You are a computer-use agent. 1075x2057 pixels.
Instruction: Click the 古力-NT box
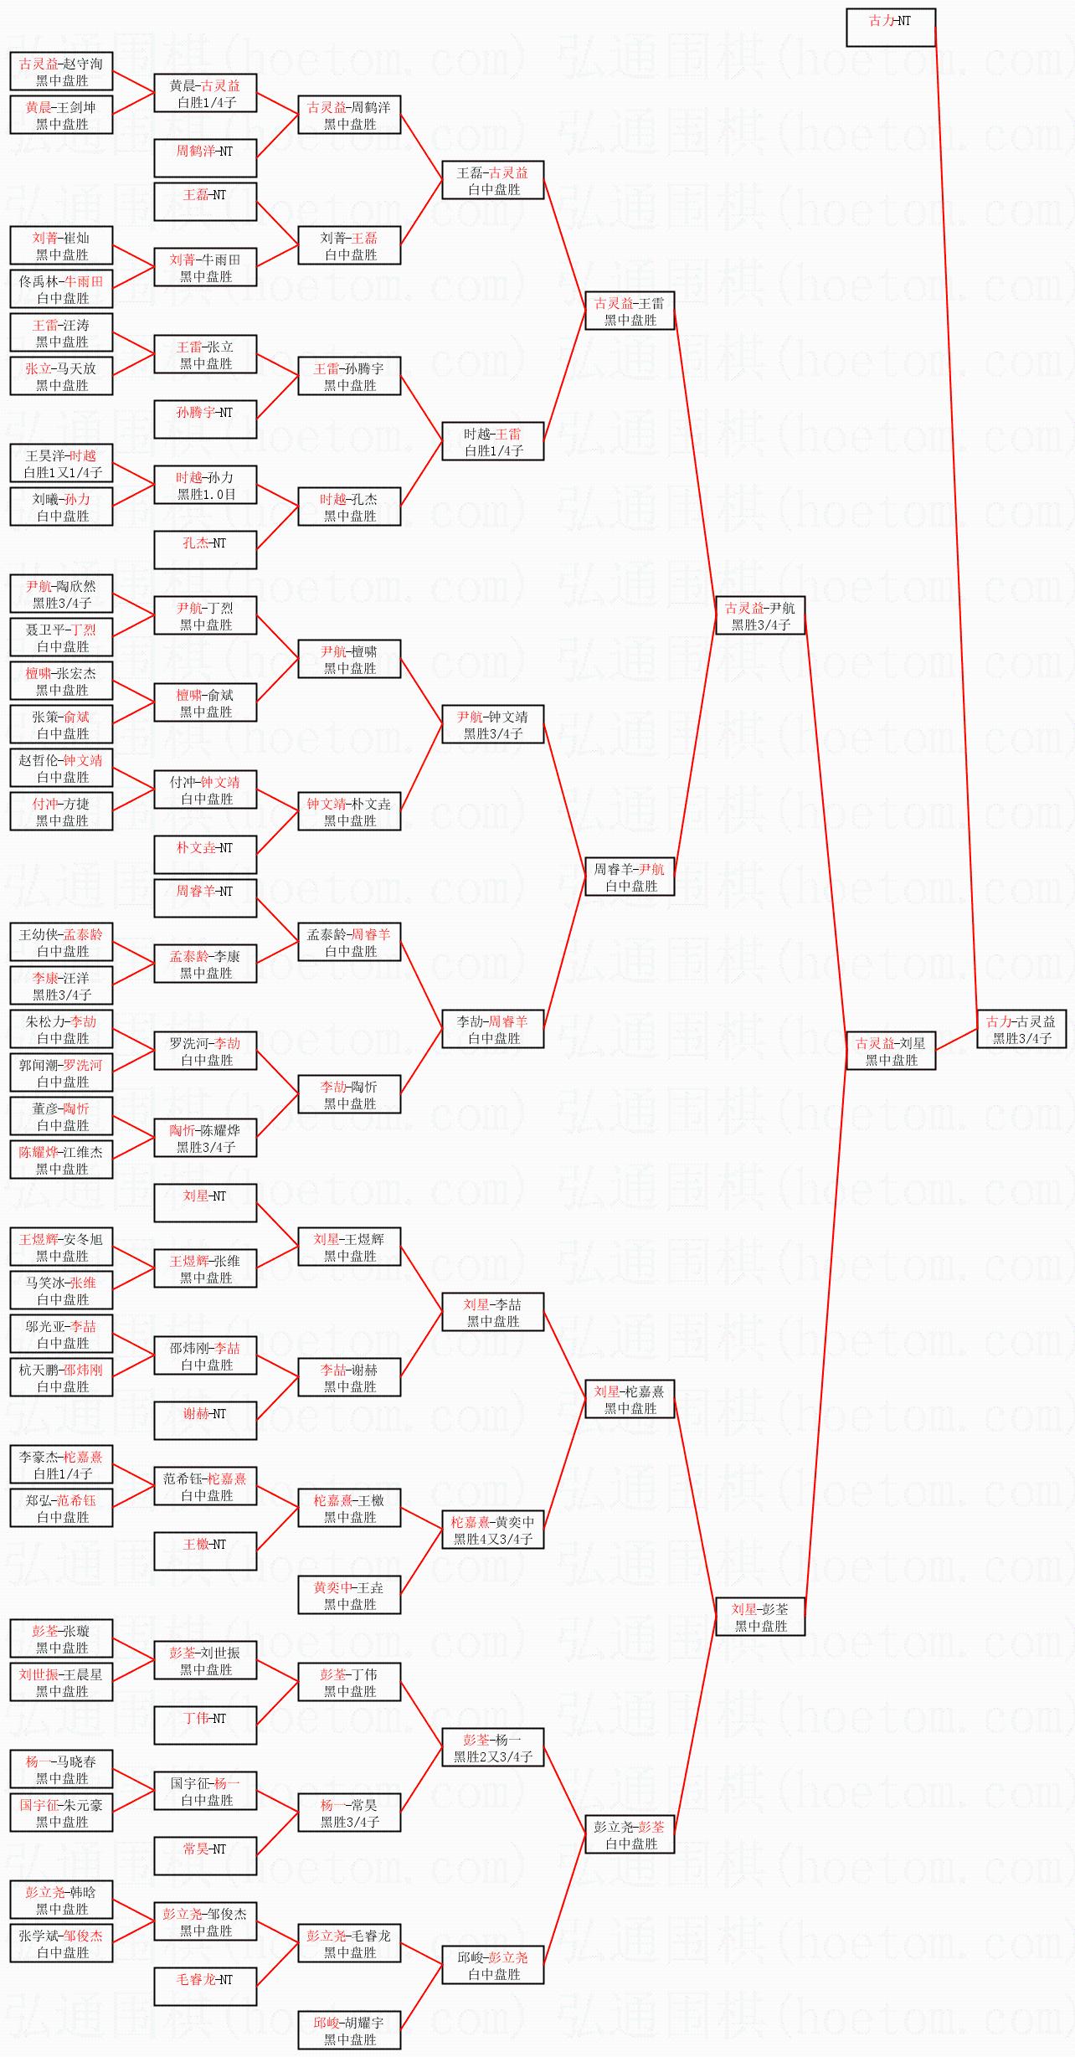(891, 28)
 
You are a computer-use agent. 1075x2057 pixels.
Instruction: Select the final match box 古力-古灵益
(1021, 1029)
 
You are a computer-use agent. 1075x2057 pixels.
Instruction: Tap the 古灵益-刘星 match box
(891, 1051)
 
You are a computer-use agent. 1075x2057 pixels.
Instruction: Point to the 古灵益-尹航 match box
(760, 615)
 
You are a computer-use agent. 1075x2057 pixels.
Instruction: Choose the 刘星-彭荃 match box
(760, 1617)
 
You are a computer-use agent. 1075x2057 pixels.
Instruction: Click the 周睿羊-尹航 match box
(630, 877)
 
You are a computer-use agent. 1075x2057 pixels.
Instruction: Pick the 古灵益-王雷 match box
(630, 311)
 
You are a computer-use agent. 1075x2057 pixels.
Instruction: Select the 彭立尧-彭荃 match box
(630, 1834)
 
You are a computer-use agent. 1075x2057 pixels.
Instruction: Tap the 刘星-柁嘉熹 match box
(630, 1399)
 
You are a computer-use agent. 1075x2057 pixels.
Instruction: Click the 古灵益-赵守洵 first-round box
(62, 71)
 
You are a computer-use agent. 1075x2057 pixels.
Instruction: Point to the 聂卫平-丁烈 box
(62, 637)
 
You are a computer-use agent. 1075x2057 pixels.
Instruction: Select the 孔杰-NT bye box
(205, 550)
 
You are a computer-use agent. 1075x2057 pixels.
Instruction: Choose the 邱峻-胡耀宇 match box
(350, 2030)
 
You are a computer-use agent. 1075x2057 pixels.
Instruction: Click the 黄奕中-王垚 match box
(350, 1595)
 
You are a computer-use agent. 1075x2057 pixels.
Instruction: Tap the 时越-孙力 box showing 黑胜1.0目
(205, 485)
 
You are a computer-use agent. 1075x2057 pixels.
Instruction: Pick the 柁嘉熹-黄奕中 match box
(493, 1530)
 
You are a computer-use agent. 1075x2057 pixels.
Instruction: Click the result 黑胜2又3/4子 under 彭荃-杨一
(493, 1756)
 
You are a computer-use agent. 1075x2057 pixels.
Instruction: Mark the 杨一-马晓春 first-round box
(62, 1769)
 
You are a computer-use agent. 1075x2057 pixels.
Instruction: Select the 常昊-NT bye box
(205, 1856)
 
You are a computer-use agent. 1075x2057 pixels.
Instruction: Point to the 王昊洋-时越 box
(62, 463)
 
